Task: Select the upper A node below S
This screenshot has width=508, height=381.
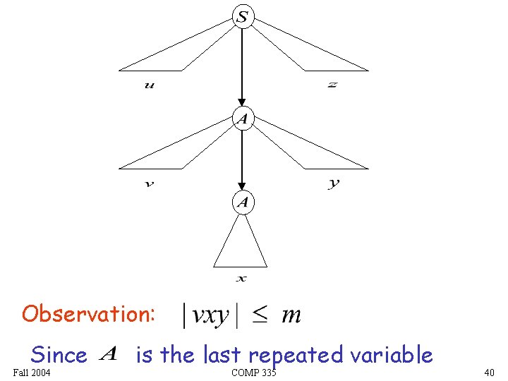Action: (242, 119)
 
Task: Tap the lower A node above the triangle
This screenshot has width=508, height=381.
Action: (242, 203)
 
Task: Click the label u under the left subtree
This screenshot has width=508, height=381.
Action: (149, 85)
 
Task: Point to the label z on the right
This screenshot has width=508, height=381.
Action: (332, 85)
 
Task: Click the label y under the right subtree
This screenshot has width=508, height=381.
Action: (334, 183)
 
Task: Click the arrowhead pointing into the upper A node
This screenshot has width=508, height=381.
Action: (242, 104)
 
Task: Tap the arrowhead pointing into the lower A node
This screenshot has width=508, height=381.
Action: (242, 188)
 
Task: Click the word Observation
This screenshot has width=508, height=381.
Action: (88, 313)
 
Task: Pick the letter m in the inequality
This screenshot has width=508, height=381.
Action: (291, 315)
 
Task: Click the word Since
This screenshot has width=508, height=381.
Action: (59, 354)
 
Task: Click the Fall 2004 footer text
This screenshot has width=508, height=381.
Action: (32, 372)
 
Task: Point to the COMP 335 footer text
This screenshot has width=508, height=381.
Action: (253, 372)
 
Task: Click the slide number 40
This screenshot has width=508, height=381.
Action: (489, 372)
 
